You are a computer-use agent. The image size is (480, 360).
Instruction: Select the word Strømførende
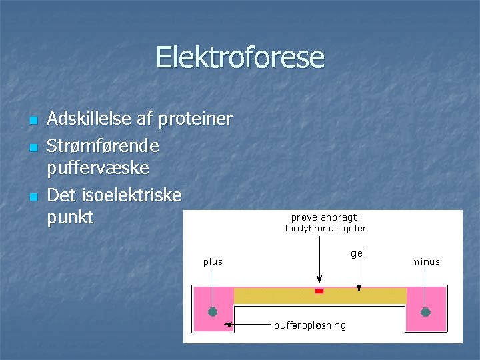pyautogui.click(x=103, y=145)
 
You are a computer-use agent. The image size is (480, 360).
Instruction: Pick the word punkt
pyautogui.click(x=71, y=218)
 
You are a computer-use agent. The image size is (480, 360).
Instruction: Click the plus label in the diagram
pyautogui.click(x=213, y=262)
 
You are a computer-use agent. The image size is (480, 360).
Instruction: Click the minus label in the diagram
pyautogui.click(x=425, y=262)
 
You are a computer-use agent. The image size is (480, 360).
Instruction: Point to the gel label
pyautogui.click(x=357, y=253)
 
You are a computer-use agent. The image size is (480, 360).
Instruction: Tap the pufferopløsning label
pyautogui.click(x=310, y=325)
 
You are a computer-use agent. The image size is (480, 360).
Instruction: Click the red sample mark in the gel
pyautogui.click(x=319, y=291)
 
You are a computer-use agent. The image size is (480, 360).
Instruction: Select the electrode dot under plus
pyautogui.click(x=213, y=311)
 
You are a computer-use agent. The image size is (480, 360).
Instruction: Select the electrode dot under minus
pyautogui.click(x=425, y=311)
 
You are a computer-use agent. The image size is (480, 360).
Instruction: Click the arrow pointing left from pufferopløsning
pyautogui.click(x=247, y=325)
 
